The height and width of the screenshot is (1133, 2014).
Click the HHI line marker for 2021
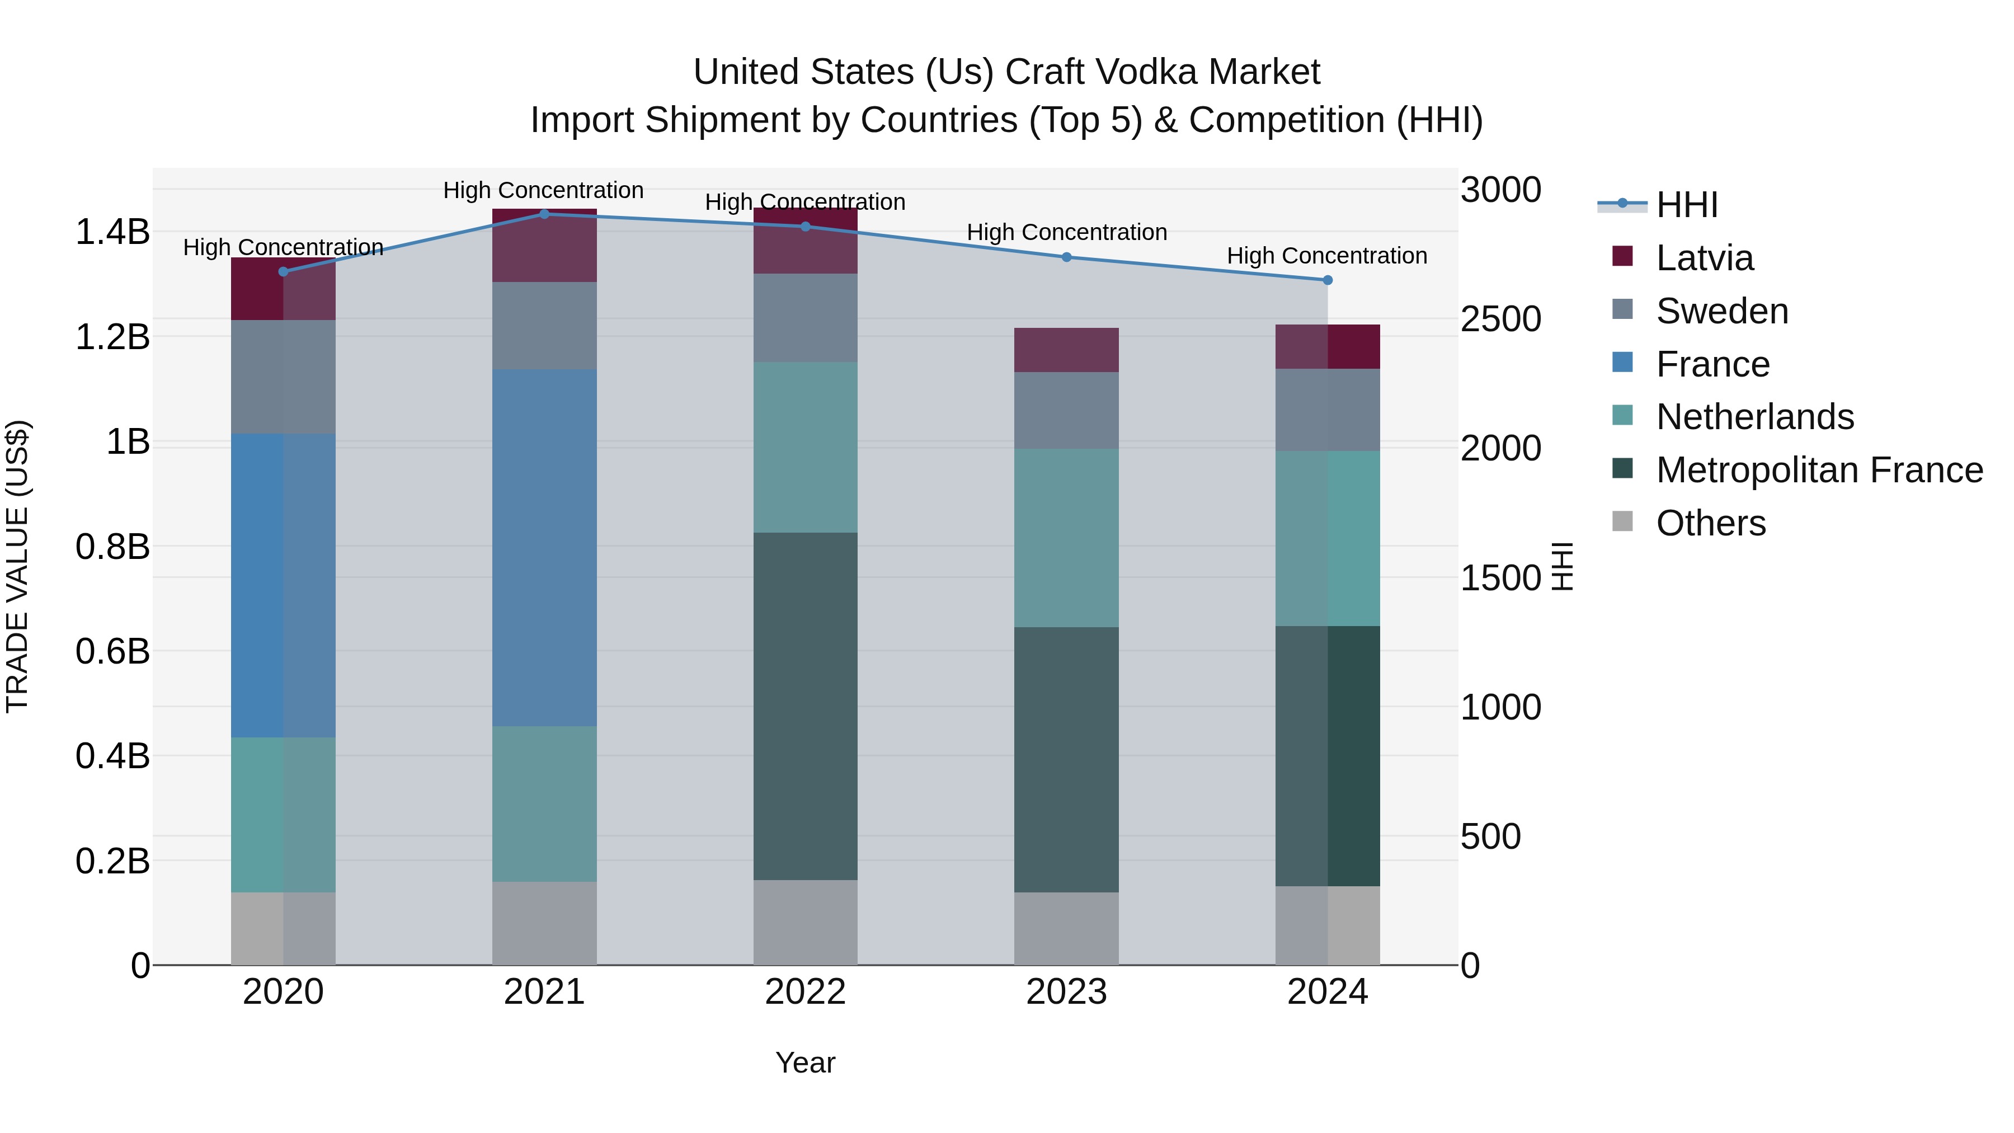coord(544,214)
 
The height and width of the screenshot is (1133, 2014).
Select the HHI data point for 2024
coord(1328,280)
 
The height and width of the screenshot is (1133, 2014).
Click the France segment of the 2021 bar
coord(544,547)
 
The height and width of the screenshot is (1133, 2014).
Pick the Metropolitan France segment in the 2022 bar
coord(805,706)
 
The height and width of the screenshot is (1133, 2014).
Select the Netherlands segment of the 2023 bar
coord(1066,538)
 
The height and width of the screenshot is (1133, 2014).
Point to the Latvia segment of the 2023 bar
coord(1066,350)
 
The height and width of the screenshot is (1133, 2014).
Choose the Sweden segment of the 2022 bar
coord(805,317)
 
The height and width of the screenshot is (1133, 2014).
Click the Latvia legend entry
coord(1705,258)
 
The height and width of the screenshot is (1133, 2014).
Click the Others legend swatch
coord(1622,521)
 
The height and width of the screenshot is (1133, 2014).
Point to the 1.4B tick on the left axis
coord(112,232)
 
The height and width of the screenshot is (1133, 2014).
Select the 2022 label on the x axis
coord(805,992)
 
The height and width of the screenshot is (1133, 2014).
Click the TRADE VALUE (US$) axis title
coord(17,566)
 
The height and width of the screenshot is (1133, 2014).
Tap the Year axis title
coord(805,1063)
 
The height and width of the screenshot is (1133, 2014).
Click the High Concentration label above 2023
coord(1066,232)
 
